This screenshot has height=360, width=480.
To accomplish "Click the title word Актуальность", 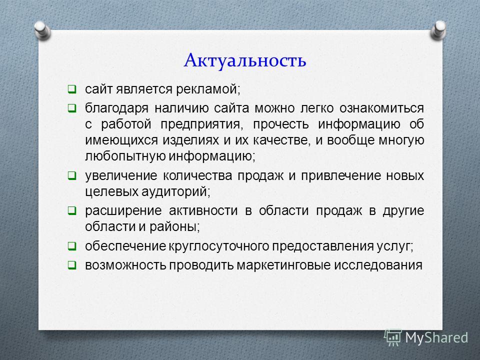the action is [x=245, y=60].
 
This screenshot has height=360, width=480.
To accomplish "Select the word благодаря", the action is [x=116, y=108].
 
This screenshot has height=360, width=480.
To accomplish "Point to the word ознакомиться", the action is [x=381, y=108].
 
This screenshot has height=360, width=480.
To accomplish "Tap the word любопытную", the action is [x=125, y=156].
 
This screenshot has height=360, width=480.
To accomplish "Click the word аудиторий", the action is [x=175, y=192].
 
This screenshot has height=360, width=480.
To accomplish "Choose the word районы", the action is [x=174, y=227].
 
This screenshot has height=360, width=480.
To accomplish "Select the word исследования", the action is [x=378, y=265].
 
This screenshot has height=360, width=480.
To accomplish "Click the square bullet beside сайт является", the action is [x=72, y=89].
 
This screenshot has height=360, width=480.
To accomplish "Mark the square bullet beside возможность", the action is [x=72, y=265].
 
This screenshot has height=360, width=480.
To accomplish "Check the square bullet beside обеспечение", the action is [x=72, y=246].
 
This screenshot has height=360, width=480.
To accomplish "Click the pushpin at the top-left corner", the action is [x=42, y=30].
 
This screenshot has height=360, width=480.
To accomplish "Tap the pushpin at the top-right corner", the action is [x=438, y=30].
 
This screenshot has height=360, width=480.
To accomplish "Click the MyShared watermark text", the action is [x=436, y=338].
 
